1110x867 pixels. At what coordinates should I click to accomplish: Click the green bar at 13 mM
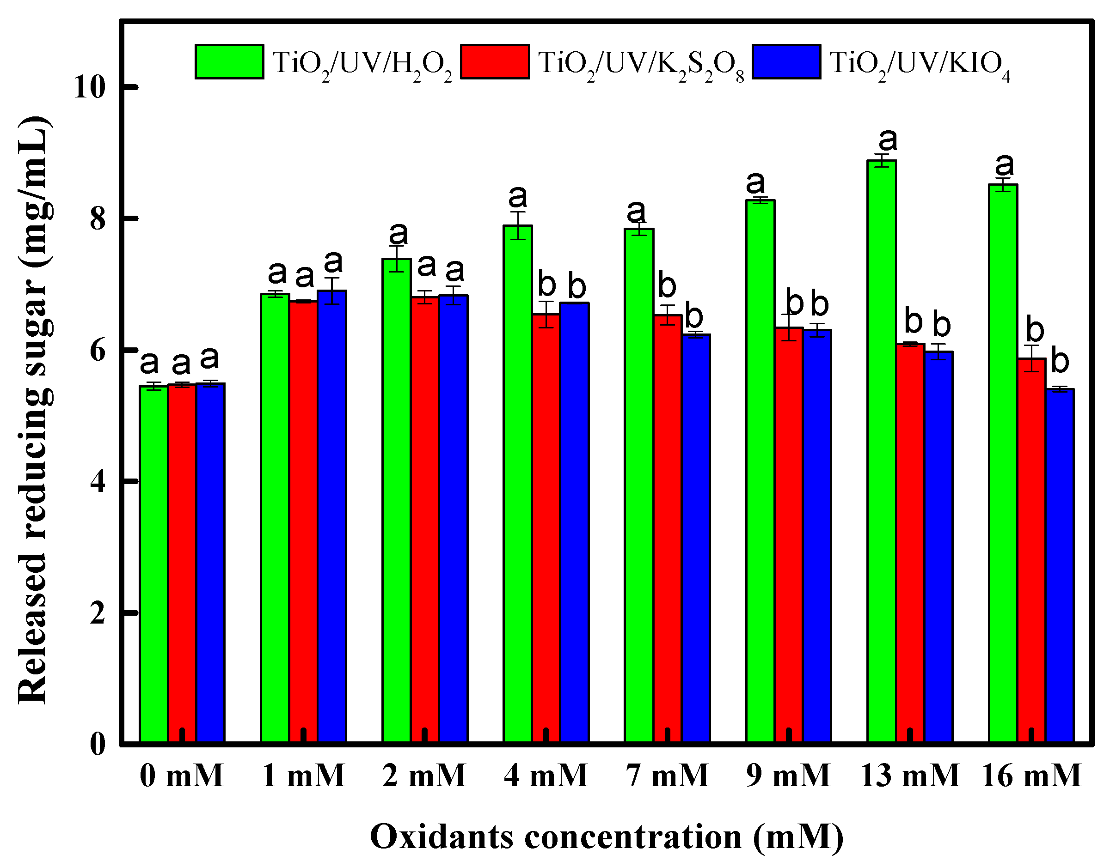[x=881, y=452]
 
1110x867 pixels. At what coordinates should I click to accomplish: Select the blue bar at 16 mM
[x=1060, y=566]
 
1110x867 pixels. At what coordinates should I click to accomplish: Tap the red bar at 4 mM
[x=546, y=528]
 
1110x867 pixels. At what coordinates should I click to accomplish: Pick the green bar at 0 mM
[x=153, y=564]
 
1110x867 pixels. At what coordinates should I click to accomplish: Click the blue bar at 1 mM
[x=332, y=515]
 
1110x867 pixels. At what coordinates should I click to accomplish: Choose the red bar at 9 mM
[x=788, y=536]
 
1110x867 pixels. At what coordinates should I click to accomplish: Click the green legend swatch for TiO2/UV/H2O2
[x=229, y=62]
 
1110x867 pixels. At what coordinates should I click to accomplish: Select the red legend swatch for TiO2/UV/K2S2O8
[x=495, y=62]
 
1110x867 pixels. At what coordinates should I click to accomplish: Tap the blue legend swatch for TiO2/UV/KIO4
[x=786, y=62]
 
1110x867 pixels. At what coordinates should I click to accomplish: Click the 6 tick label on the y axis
[x=98, y=350]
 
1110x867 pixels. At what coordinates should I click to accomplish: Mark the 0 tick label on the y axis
[x=98, y=745]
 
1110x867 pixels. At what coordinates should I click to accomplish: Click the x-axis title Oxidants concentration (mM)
[x=607, y=836]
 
